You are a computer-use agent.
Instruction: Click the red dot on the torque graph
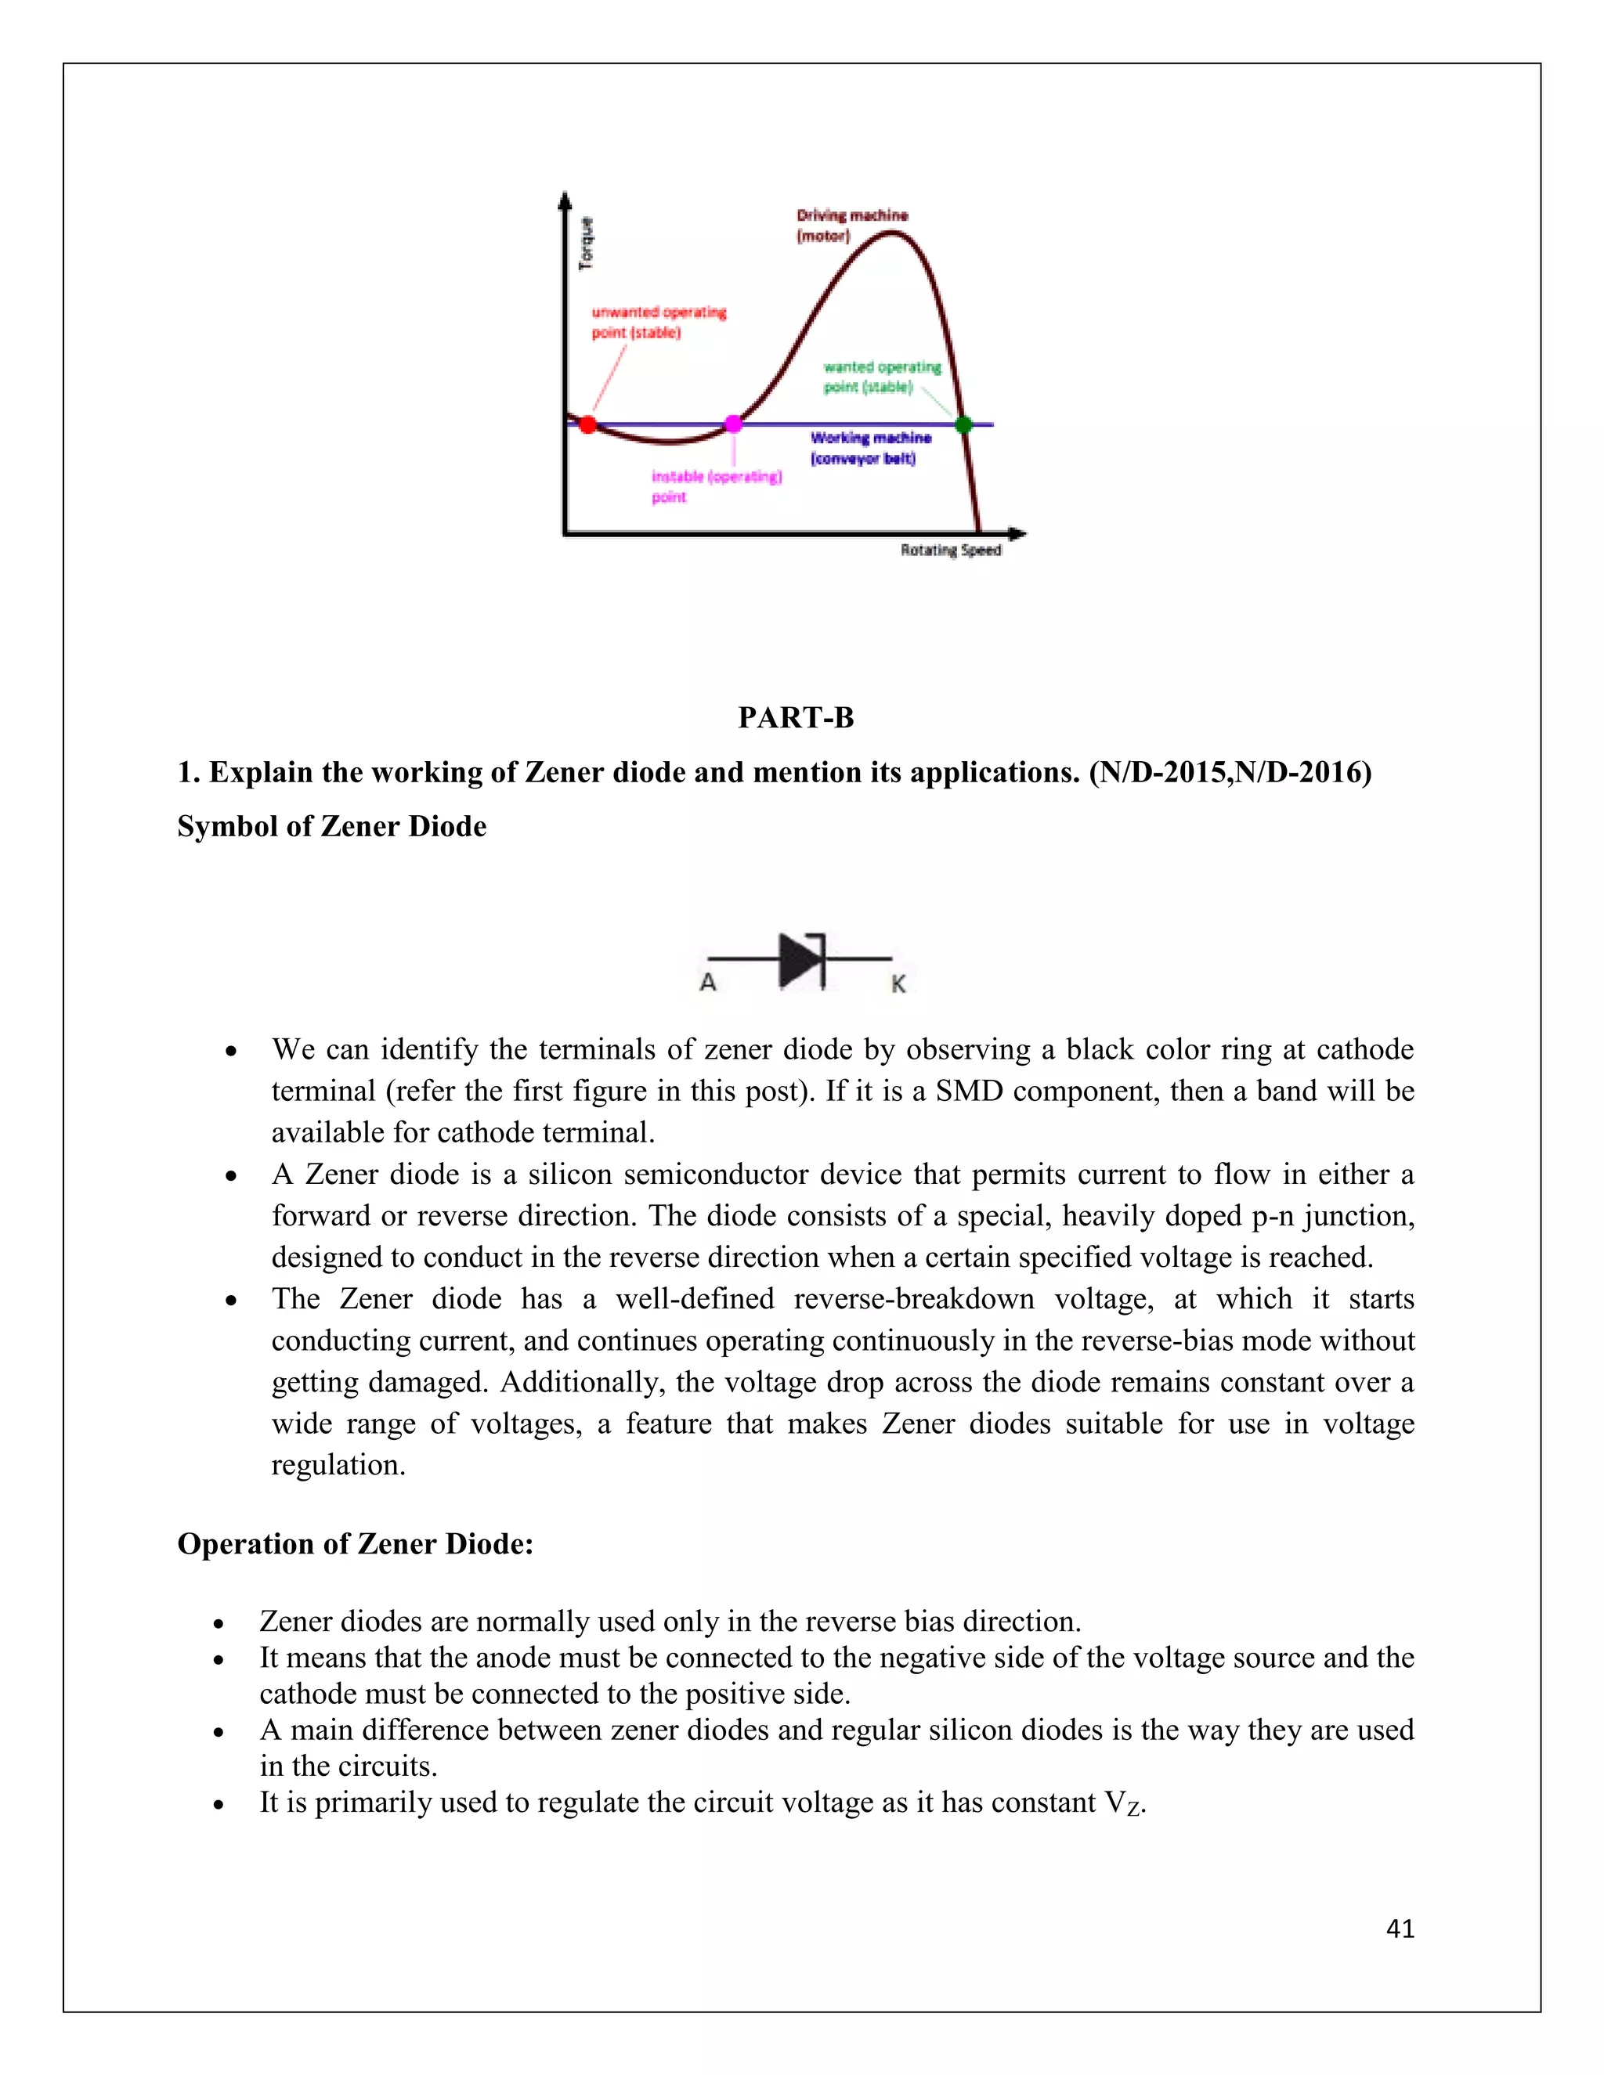tap(588, 424)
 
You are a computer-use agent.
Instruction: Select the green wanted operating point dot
tap(963, 424)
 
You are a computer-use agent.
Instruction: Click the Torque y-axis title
tap(587, 244)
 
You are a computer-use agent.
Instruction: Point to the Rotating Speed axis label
tap(950, 550)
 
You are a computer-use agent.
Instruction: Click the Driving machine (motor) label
tap(851, 226)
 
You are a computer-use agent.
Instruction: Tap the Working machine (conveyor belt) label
tap(870, 447)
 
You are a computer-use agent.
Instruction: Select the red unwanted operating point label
tap(658, 322)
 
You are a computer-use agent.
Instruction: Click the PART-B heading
tap(797, 717)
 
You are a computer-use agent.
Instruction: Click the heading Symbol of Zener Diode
tap(331, 827)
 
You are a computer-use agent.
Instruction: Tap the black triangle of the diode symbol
tap(798, 960)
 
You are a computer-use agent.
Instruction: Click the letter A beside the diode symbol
tap(708, 983)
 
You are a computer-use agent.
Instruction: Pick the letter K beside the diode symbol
tap(898, 984)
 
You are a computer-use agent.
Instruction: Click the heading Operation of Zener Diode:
tap(356, 1544)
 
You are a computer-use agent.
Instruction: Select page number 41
tap(1400, 1928)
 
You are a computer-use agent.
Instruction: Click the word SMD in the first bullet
tap(970, 1091)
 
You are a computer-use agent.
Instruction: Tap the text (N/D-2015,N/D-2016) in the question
tap(1230, 772)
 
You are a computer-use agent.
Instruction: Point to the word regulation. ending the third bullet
tap(338, 1465)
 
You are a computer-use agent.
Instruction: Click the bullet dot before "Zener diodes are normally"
tap(219, 1622)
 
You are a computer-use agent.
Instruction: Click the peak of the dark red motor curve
tap(891, 233)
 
